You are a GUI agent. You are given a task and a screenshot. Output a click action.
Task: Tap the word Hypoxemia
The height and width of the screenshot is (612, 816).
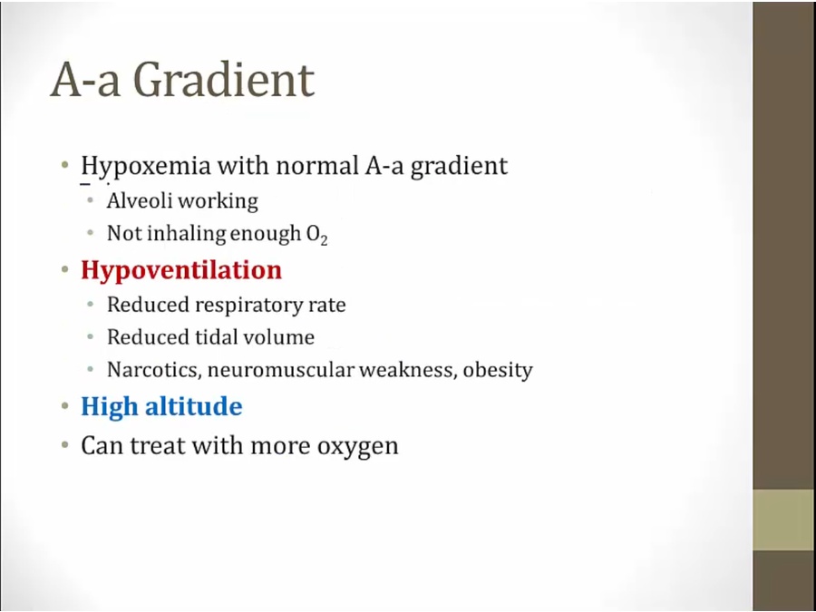click(x=146, y=167)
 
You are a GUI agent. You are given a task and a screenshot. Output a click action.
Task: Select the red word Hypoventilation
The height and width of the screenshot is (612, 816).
click(x=181, y=270)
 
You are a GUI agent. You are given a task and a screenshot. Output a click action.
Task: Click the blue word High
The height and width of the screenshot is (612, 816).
click(x=110, y=407)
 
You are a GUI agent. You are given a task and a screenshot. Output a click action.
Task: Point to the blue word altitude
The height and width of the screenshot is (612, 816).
click(x=194, y=406)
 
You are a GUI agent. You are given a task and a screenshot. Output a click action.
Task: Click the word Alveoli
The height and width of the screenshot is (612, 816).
click(x=135, y=200)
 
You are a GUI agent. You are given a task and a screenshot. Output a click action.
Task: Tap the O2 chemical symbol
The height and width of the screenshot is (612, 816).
click(x=317, y=235)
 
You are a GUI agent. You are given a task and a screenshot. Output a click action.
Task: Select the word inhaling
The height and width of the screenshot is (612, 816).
click(x=186, y=234)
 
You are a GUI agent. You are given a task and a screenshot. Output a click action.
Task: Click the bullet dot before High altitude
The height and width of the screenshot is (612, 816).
click(x=65, y=405)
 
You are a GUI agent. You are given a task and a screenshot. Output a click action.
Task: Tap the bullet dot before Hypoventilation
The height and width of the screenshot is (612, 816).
click(x=65, y=269)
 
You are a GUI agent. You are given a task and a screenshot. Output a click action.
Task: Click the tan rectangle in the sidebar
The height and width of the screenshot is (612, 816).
click(x=784, y=520)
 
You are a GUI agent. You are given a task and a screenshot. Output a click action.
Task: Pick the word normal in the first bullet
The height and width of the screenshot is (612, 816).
click(x=317, y=166)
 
